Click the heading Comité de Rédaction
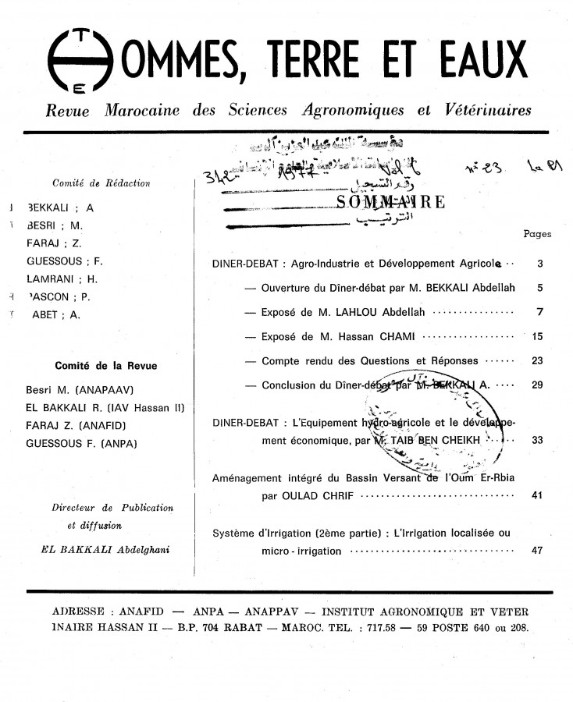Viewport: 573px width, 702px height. pyautogui.click(x=101, y=183)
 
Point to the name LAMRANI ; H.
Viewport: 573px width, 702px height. pyautogui.click(x=60, y=279)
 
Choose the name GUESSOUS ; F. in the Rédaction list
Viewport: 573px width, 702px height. pyautogui.click(x=65, y=261)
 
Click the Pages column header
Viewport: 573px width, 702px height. pyautogui.click(x=536, y=233)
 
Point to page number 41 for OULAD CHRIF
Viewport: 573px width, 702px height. pyautogui.click(x=536, y=495)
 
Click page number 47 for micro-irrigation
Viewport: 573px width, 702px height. pyautogui.click(x=536, y=551)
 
